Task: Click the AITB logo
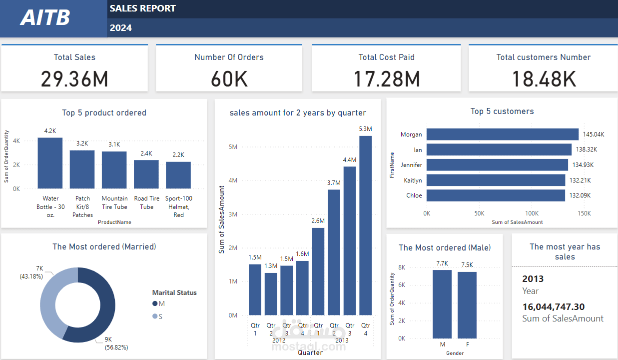coord(45,18)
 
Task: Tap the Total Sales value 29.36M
coord(74,79)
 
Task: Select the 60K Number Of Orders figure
coord(229,79)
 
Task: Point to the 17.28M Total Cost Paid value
coord(386,79)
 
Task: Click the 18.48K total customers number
coord(543,79)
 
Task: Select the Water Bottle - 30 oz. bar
coord(50,163)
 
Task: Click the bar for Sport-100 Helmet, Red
coord(178,175)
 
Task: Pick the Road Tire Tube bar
coord(146,174)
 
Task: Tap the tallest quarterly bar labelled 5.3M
coord(365,225)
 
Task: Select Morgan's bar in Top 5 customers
coord(502,134)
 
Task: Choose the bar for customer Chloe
coord(496,195)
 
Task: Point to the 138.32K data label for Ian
coord(586,149)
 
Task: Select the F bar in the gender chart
coord(467,305)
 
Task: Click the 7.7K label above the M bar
coord(442,263)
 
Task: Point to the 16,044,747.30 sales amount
coord(554,306)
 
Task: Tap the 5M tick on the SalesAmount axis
coord(233,147)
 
